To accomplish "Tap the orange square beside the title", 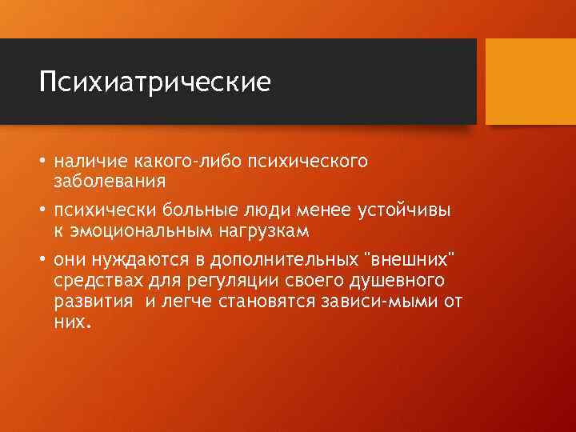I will coord(530,82).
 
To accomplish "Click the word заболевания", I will coord(110,181).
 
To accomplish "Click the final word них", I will coord(72,322).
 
